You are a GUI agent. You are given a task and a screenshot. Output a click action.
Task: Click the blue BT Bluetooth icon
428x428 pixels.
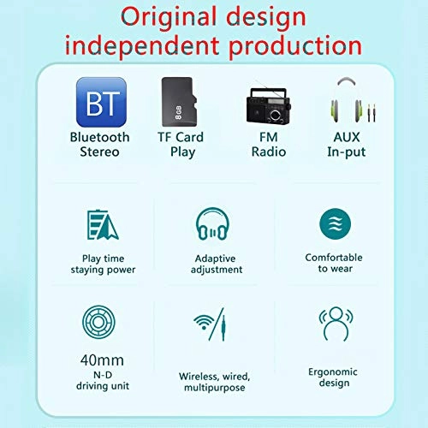point(101,103)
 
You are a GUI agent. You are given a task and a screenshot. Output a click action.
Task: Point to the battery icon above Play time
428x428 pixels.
point(102,224)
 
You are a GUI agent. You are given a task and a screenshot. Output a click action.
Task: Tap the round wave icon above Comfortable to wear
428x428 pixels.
point(335,224)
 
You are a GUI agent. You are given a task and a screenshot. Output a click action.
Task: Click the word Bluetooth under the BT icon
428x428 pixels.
point(100,137)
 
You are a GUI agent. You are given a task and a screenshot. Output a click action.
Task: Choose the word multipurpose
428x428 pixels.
point(212,388)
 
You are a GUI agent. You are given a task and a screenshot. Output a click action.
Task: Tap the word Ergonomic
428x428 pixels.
point(334,372)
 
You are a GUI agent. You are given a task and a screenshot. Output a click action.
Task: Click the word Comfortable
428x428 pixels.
point(334,258)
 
